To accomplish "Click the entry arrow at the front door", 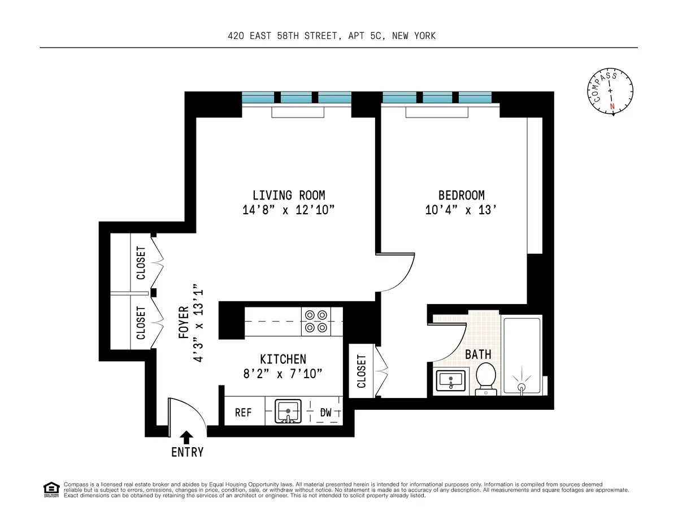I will point(186,436).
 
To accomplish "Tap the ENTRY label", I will point(187,452).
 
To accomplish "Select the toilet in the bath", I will point(485,378).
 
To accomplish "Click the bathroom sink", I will point(450,381).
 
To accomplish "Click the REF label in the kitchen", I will point(244,413).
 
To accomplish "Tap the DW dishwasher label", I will point(325,413).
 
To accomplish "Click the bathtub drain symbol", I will point(521,387).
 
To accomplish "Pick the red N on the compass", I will point(612,106).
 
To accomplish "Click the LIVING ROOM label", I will point(289,196).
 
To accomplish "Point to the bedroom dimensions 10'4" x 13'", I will point(461,210).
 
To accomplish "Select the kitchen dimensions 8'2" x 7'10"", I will point(283,373).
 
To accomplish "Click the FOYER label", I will point(184,322).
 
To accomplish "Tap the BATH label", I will point(478,355).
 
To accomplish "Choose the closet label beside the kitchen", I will point(362,371).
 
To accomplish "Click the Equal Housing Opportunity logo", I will point(51,489).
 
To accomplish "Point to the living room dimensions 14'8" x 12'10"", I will point(289,210).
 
